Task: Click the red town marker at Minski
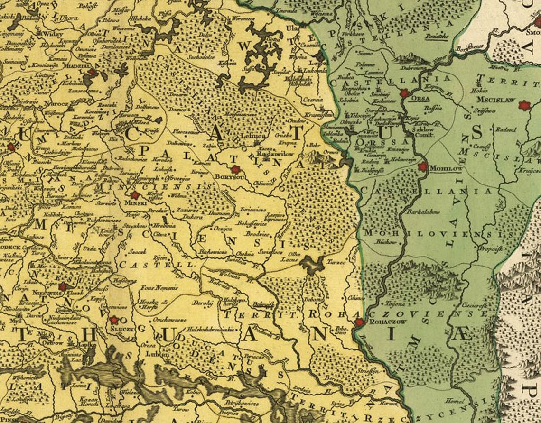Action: tap(135, 195)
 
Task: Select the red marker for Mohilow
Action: tap(422, 166)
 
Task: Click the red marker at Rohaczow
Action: tap(359, 322)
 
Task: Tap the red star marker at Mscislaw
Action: tap(524, 105)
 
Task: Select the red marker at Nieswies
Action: tap(63, 286)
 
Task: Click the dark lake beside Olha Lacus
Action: tap(313, 265)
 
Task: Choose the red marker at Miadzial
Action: tap(92, 72)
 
